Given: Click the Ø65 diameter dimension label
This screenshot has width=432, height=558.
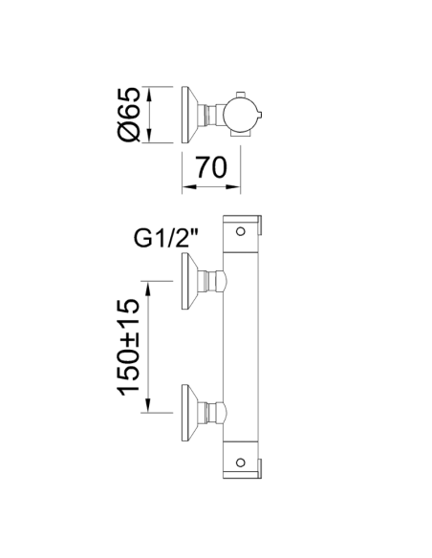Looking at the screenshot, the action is point(129,114).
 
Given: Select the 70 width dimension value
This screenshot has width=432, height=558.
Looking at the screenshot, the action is point(211,167).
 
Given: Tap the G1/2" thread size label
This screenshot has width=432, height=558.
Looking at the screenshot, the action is point(166,238).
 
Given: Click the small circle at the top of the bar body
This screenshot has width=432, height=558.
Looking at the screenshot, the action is point(241,231).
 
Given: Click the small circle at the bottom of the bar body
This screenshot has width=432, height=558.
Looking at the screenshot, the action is point(241,462).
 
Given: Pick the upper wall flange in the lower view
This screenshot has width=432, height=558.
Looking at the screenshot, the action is point(190,281).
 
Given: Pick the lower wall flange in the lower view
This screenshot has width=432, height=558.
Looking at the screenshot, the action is point(190,413).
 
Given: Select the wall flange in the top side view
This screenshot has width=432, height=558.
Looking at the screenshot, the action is point(190,115).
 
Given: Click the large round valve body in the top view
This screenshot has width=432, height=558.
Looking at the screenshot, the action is point(240,115).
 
